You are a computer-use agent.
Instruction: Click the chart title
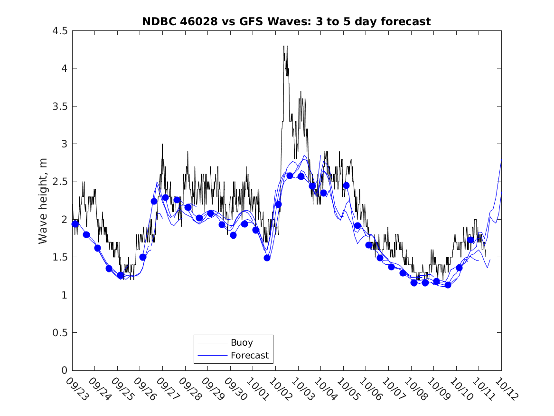tap(286, 21)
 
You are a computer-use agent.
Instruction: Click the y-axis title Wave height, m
tap(43, 201)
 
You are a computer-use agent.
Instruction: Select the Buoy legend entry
tap(242, 342)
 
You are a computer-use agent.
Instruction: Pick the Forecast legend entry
tap(249, 355)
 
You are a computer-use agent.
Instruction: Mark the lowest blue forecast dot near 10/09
tap(448, 285)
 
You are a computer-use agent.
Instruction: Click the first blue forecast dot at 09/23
tap(75, 224)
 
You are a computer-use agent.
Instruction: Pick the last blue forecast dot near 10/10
tap(470, 240)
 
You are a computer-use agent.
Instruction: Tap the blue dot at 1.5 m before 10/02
tap(267, 258)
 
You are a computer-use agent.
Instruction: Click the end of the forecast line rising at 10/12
tap(501, 160)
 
